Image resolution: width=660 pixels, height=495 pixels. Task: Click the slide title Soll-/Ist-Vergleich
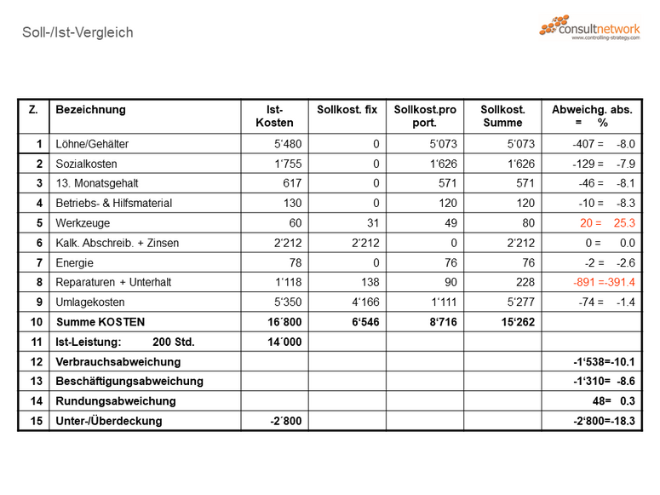tap(77, 33)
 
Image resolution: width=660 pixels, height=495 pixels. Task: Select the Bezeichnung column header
tap(90, 110)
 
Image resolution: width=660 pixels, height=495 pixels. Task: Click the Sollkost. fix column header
tap(347, 110)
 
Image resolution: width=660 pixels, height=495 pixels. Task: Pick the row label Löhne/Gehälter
tap(92, 144)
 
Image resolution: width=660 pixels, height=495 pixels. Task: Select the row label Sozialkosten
tap(86, 164)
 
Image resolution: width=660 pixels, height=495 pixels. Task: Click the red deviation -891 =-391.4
tap(604, 282)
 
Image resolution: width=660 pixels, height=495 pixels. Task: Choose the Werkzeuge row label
tap(83, 223)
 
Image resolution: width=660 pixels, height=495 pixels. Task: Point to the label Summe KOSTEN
tap(100, 322)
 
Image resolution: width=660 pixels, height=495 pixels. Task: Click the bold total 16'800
tap(284, 322)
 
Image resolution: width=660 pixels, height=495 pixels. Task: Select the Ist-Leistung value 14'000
tap(284, 342)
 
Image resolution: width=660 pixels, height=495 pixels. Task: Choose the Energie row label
tap(75, 262)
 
